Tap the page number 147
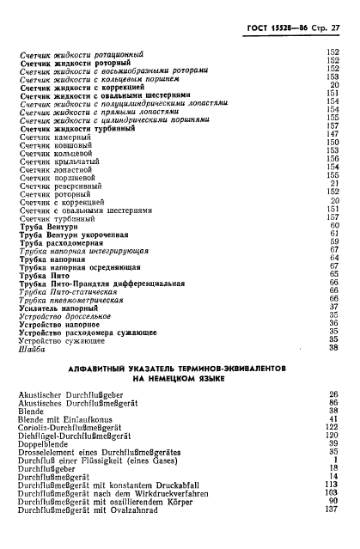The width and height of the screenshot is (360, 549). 334,135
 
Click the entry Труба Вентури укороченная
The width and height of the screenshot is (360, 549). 73,235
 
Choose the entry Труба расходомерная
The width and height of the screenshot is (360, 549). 61,243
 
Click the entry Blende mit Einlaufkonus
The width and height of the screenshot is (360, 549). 64,419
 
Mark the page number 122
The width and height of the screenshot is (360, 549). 334,428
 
